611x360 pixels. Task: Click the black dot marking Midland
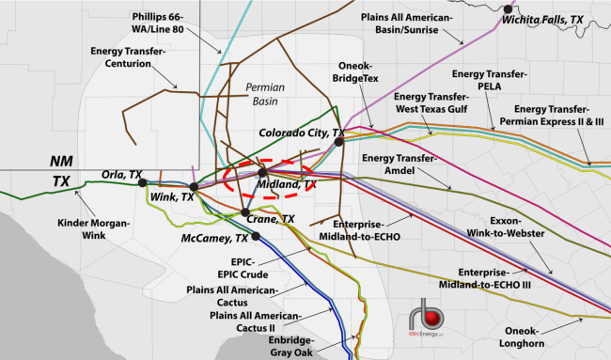click(x=262, y=173)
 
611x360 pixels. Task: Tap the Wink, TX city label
click(x=172, y=197)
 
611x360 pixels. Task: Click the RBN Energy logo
click(x=433, y=319)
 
